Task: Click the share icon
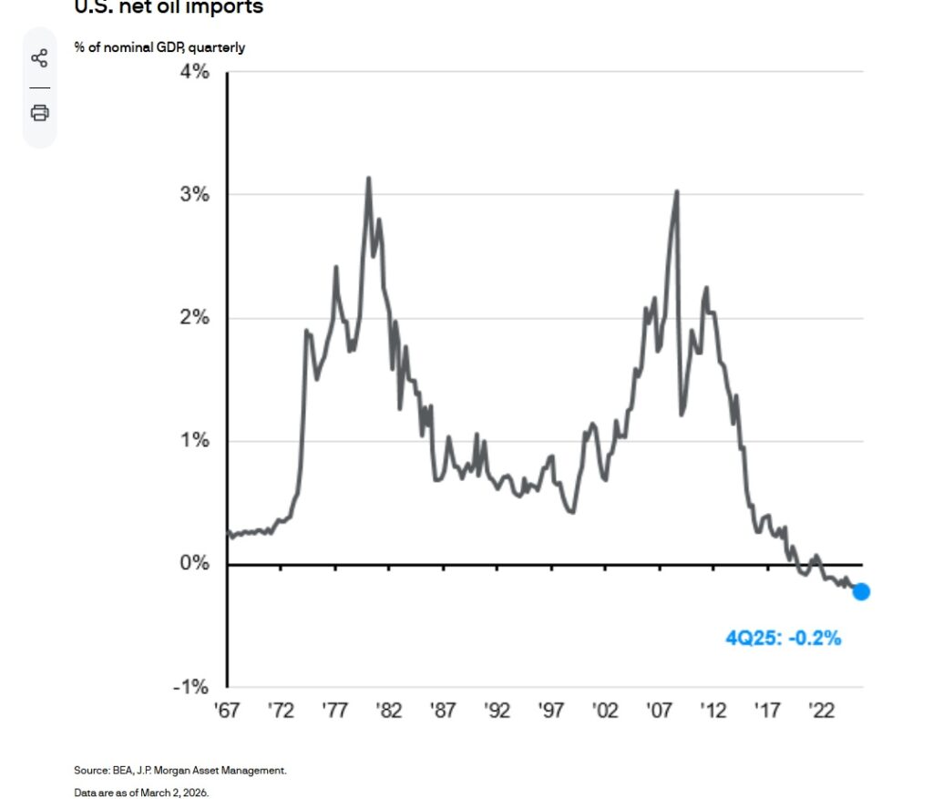click(x=39, y=59)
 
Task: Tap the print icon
click(x=39, y=113)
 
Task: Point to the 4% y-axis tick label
click(x=195, y=72)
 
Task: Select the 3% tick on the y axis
click(x=195, y=195)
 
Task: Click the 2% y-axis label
click(x=195, y=318)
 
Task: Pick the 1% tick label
click(x=195, y=441)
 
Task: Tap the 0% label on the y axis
click(x=195, y=564)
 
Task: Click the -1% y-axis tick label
click(x=192, y=687)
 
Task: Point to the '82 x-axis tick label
click(x=390, y=711)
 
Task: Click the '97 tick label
click(x=553, y=711)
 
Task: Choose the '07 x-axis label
click(x=661, y=711)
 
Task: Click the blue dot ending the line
click(x=861, y=592)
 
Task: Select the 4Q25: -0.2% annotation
click(x=783, y=639)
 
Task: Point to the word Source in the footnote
click(x=89, y=771)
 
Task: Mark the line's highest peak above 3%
click(x=368, y=179)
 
